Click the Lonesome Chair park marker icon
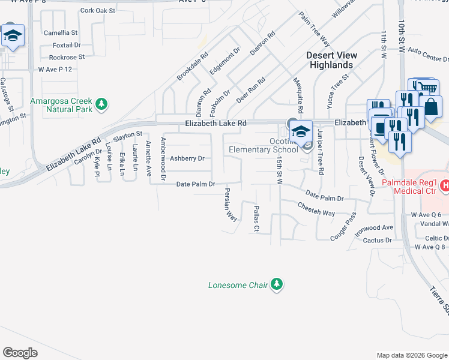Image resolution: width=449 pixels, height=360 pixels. tap(276, 284)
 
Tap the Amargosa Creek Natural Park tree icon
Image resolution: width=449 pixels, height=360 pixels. tap(102, 104)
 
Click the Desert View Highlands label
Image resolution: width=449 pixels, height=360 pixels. tap(331, 60)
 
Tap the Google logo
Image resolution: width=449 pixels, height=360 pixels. tap(20, 353)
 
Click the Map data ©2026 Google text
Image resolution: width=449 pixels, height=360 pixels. tap(411, 355)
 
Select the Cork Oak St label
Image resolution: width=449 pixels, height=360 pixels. tap(97, 10)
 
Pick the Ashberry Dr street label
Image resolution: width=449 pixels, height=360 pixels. tap(187, 159)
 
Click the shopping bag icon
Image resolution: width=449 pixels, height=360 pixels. tap(432, 107)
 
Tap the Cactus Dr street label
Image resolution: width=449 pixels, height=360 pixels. tap(378, 241)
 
